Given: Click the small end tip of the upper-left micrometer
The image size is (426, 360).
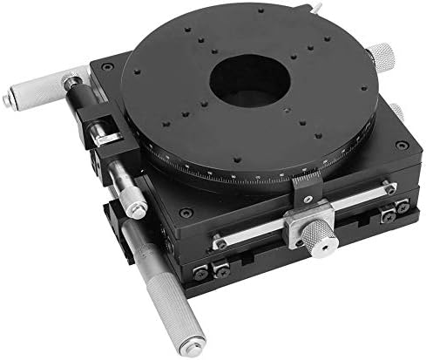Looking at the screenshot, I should point(8,101).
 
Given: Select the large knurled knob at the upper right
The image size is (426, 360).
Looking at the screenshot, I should point(380,55).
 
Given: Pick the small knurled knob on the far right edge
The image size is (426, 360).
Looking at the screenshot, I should point(397,112).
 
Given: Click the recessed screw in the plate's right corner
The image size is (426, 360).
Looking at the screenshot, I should point(401,145).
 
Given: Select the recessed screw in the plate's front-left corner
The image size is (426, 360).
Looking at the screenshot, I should point(185,212).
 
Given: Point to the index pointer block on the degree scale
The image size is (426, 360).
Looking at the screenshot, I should point(303,185).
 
